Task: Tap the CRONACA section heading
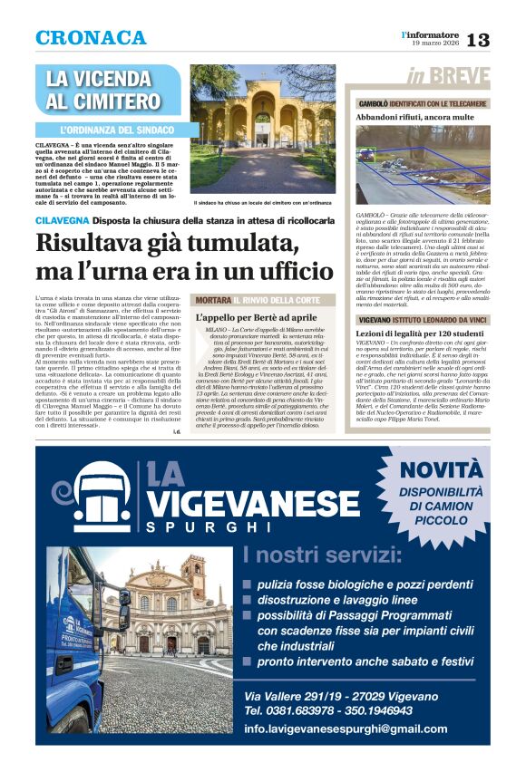click(91, 38)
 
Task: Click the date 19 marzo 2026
click(434, 44)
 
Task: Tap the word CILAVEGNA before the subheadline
click(62, 220)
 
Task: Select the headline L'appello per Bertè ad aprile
click(257, 318)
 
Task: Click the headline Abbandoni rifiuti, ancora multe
click(415, 117)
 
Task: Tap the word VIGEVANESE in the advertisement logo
click(255, 504)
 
